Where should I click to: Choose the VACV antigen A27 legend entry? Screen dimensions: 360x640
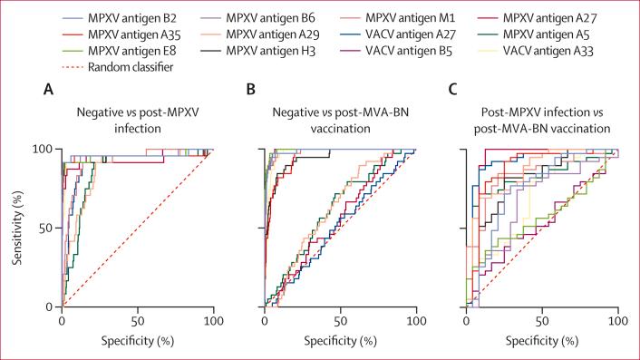[398, 34]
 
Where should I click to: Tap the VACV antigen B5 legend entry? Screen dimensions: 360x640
[398, 51]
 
